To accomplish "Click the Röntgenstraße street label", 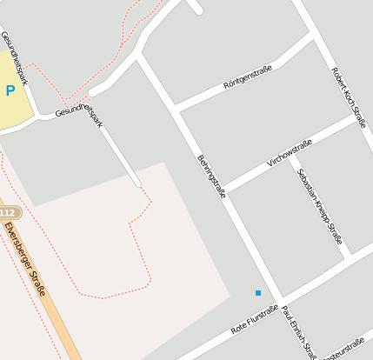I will coord(248,77).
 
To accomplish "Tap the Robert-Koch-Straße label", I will coord(349,97).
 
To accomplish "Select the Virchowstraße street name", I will coord(290,150).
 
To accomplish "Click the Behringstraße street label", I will coord(210,176).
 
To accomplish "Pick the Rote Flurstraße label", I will coord(255,320).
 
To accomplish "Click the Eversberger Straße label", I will coord(25,259).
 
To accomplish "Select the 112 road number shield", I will coord(8,213).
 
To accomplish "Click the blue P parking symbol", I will coord(10,90).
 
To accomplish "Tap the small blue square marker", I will coord(258,293).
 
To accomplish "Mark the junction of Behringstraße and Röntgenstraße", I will coord(176,108).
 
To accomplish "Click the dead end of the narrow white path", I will coord(138,184).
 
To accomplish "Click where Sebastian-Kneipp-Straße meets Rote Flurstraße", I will coord(348,257).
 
